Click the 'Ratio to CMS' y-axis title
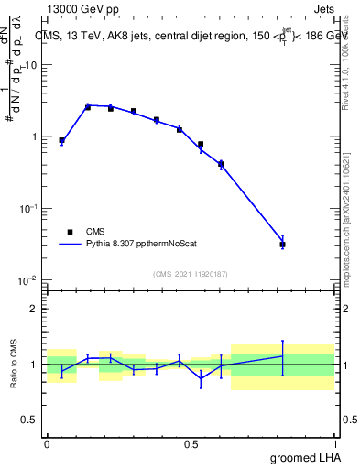tap(14, 364)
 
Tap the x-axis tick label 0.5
tap(191, 443)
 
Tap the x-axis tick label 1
tap(335, 443)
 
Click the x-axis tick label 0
tap(47, 443)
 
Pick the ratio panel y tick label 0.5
tap(31, 420)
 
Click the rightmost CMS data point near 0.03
tap(283, 245)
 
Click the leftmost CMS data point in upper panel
tap(61, 140)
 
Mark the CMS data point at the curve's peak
tap(88, 106)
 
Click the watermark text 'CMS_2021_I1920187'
tap(191, 273)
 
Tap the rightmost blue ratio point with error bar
tap(283, 356)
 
